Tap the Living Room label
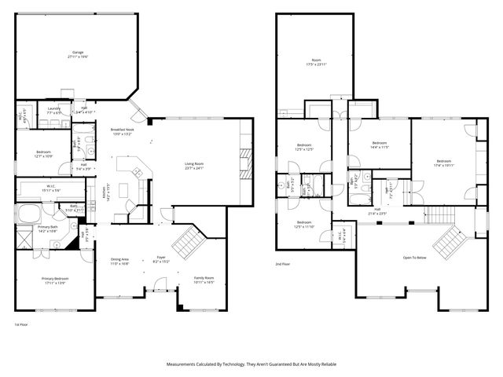[x=194, y=166]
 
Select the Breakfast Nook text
[x=121, y=131]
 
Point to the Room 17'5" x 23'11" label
[x=314, y=62]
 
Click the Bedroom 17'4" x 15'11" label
[x=444, y=163]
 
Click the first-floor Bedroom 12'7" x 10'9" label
[x=43, y=154]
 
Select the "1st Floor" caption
[x=21, y=324]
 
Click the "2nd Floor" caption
[x=282, y=264]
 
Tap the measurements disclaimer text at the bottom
[x=251, y=364]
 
